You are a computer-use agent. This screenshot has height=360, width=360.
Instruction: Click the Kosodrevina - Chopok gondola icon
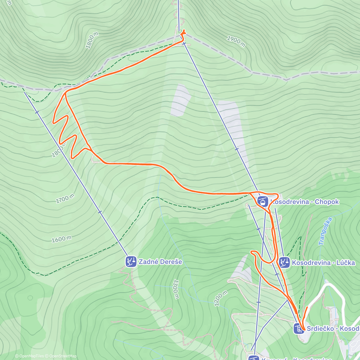tap(262, 201)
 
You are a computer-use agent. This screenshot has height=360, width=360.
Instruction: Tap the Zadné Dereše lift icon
tap(131, 262)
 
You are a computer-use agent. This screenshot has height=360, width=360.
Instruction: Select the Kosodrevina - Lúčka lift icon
tap(284, 262)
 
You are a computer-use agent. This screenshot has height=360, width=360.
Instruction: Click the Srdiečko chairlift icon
tap(299, 329)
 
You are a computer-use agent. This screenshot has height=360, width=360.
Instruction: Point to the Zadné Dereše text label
tap(160, 262)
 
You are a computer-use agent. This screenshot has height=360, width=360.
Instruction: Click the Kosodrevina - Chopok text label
tap(304, 202)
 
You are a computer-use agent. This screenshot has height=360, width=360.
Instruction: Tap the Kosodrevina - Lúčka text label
tap(323, 263)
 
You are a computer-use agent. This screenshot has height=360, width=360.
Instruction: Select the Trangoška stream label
tap(325, 231)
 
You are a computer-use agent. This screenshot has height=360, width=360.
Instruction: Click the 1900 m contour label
tap(236, 41)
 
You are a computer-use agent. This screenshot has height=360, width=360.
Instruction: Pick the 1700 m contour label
tap(65, 199)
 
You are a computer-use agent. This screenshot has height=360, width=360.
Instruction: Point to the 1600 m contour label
tap(61, 239)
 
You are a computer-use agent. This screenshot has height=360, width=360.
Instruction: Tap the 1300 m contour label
tap(176, 289)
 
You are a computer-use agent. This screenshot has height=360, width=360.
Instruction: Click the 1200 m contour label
tap(221, 298)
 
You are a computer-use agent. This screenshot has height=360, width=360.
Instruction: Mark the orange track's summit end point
tap(183, 31)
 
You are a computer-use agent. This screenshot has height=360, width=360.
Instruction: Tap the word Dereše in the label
tap(171, 262)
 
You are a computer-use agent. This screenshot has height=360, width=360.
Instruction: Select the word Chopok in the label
tap(327, 202)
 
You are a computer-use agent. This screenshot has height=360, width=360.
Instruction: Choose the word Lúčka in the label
tap(344, 263)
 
